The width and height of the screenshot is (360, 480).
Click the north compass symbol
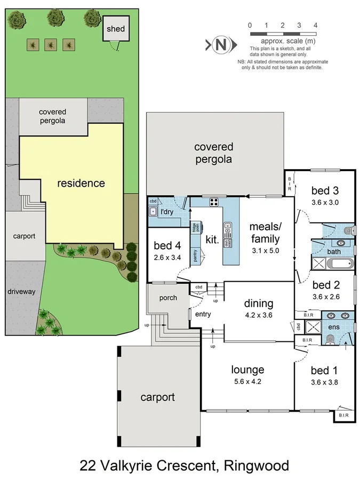[x=219, y=45]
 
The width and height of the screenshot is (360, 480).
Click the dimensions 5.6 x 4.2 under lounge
[x=247, y=381]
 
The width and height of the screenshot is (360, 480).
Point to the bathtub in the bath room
[x=332, y=263]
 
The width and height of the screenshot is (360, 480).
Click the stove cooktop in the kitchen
[x=214, y=202]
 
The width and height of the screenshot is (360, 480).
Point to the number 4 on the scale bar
[x=316, y=25]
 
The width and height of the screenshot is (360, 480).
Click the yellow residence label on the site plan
[x=81, y=183]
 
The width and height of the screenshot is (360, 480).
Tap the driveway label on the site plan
[x=21, y=292]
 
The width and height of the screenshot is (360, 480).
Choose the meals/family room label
[x=265, y=233]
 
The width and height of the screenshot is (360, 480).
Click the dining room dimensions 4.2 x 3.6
[x=259, y=315]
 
